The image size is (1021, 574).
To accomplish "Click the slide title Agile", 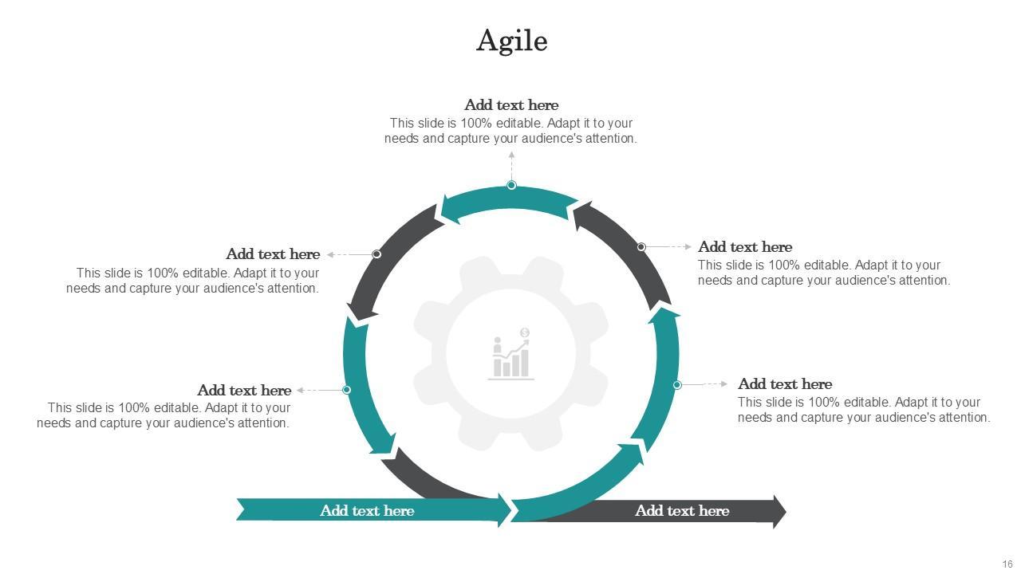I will [x=511, y=41].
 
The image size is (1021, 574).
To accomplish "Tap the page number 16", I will [x=1007, y=564].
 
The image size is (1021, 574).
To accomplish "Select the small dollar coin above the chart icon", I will [x=524, y=332].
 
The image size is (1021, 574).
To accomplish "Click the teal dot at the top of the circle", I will [x=511, y=185].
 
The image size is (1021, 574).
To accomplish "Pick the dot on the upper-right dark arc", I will [x=641, y=247].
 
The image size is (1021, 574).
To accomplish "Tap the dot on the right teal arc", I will [x=676, y=384].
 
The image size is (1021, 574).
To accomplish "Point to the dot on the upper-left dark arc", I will [x=376, y=254].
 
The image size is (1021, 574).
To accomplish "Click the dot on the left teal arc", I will [x=346, y=390].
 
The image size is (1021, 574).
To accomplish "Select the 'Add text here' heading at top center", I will [x=511, y=105].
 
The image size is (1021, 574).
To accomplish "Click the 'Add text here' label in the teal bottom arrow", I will [x=367, y=511].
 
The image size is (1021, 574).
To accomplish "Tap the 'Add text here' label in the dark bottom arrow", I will [x=682, y=511].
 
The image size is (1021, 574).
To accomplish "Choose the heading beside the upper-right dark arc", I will [x=745, y=247].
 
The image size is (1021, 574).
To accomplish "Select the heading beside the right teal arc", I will [x=785, y=384].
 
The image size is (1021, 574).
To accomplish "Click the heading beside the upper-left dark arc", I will [x=273, y=254].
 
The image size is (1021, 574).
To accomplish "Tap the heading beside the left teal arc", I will [x=244, y=391].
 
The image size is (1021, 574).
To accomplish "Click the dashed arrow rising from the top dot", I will [x=511, y=166].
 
